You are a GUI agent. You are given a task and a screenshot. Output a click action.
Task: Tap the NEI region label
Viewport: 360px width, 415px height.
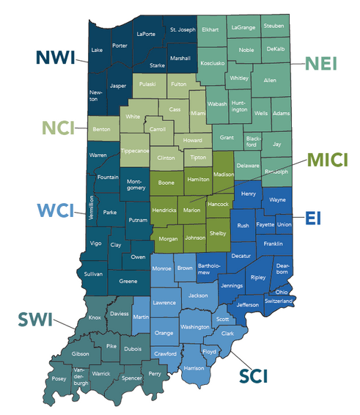point(320,63)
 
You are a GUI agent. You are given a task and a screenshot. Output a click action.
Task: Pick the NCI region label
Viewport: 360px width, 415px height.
point(59,128)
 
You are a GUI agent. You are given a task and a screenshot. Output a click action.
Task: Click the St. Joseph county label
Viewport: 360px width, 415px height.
point(183,30)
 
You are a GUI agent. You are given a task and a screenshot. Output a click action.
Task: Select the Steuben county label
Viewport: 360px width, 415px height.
point(273,26)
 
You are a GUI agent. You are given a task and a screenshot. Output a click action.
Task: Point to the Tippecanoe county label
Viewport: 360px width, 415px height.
point(134,150)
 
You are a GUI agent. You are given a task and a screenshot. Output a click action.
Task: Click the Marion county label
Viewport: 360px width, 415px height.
point(191,210)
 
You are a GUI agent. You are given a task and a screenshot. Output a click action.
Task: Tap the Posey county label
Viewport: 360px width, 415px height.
point(59,380)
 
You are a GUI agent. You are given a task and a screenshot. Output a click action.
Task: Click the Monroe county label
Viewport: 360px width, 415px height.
point(161,269)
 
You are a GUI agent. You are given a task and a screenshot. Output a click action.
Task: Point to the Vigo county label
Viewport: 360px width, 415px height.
point(95,243)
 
